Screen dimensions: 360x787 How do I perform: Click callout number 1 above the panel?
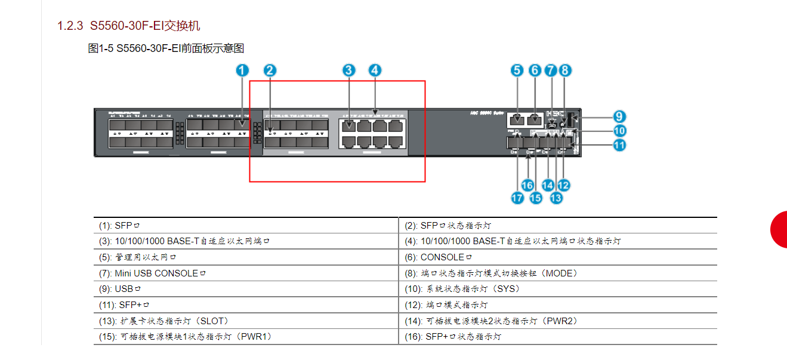coord(242,70)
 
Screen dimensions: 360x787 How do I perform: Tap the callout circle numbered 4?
coord(374,70)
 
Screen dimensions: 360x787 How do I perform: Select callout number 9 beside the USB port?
coord(620,116)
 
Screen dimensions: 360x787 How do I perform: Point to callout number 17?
coord(517,198)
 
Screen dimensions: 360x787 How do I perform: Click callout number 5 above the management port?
coord(517,70)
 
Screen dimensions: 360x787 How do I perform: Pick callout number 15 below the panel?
coord(536,198)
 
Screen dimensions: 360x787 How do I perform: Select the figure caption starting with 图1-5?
coord(166,48)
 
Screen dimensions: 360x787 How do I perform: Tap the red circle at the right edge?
coord(779,229)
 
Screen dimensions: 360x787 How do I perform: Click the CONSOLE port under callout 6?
coord(535,119)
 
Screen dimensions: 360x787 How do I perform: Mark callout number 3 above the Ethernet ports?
coord(349,70)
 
